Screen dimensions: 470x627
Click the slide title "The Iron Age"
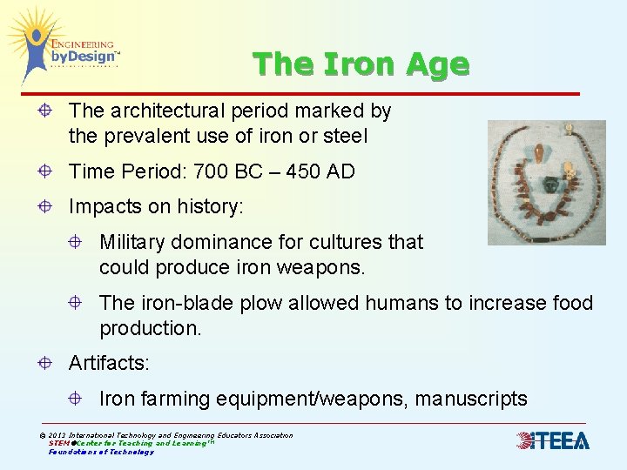361,64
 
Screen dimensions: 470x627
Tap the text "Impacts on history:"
157,207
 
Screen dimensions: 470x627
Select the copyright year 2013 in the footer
59,435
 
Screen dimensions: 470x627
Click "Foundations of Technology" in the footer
101,452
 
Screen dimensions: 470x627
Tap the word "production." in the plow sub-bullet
150,328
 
